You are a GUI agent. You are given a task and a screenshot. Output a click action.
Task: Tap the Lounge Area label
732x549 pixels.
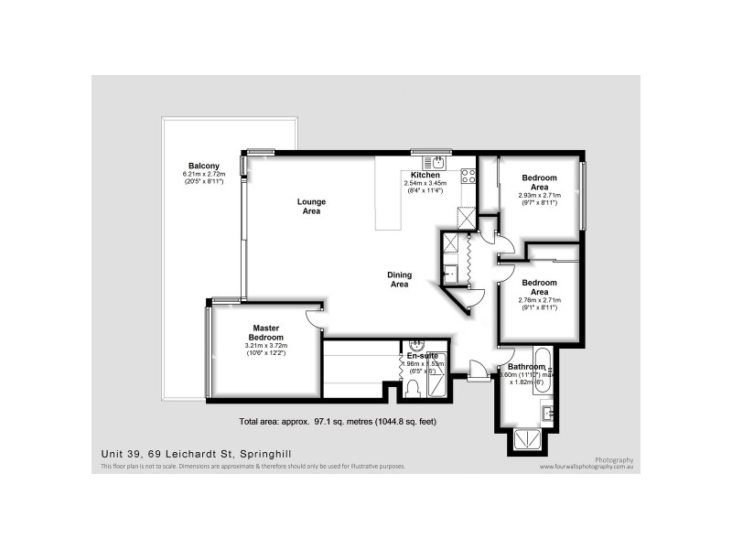point(310,206)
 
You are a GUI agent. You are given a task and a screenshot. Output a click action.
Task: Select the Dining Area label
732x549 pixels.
point(399,280)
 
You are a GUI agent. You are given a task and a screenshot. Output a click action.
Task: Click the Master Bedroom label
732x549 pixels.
point(265,332)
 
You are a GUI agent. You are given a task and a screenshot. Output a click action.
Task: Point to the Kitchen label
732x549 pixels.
point(425,175)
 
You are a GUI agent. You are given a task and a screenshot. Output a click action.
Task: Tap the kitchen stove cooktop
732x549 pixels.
point(468,175)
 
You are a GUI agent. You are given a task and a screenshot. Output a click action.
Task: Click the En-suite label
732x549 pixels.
point(423,354)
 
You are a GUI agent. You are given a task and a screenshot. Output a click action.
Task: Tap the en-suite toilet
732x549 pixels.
point(413,390)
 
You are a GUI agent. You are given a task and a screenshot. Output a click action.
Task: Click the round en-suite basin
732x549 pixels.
point(416,345)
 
